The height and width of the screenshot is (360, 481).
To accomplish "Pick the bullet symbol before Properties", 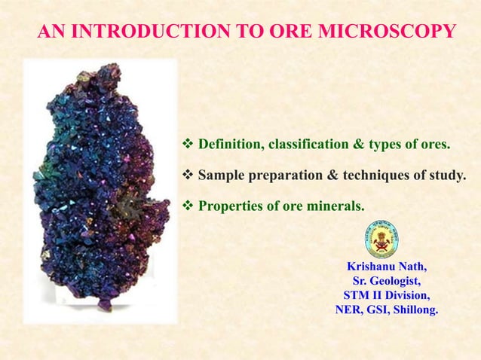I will coord(188,204).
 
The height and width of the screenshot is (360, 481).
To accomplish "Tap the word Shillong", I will coord(414,310).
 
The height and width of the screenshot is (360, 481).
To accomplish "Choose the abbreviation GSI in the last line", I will coord(375,310).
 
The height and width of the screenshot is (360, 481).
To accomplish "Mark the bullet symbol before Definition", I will coord(188,144).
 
